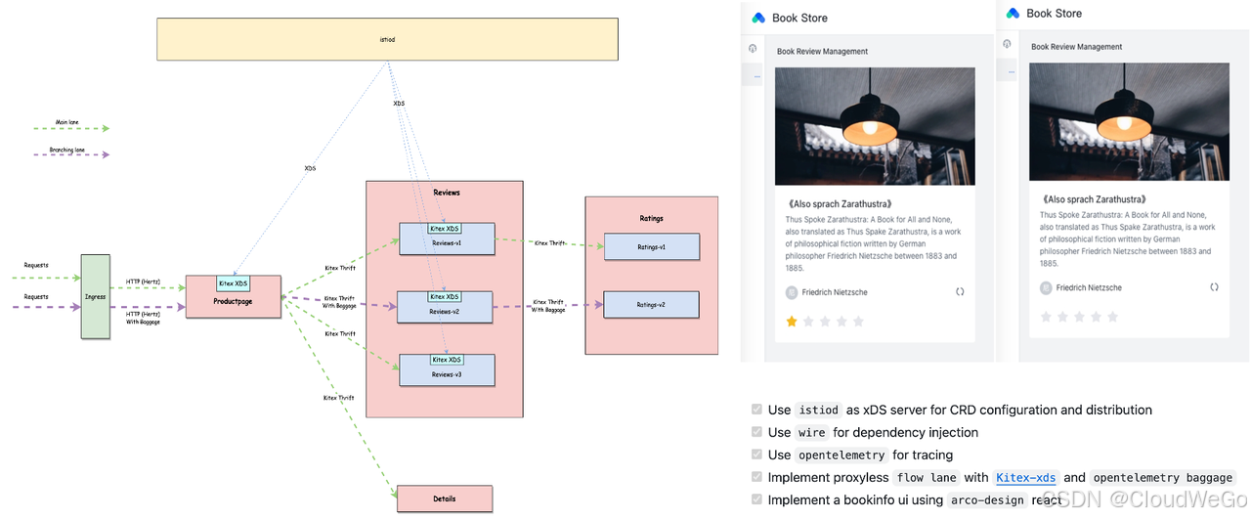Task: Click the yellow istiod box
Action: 387,39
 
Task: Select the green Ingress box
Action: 95,296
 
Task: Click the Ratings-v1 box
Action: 651,247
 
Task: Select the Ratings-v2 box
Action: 651,305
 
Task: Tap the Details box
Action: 444,498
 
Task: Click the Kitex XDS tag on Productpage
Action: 233,283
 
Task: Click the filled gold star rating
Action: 793,321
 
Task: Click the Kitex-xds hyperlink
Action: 1025,477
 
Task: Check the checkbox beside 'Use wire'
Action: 756,432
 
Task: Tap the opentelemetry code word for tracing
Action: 841,455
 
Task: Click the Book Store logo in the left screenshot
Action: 758,18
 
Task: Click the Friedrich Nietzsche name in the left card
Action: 834,292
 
